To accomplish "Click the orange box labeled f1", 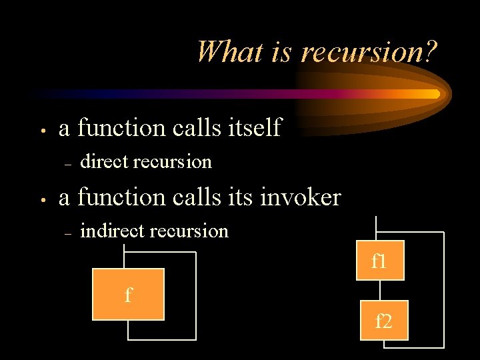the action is point(380,261).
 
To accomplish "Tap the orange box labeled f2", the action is point(383,322).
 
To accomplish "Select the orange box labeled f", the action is point(128,294).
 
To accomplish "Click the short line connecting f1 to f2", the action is point(379,291).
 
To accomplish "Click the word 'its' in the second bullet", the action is point(241,197).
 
